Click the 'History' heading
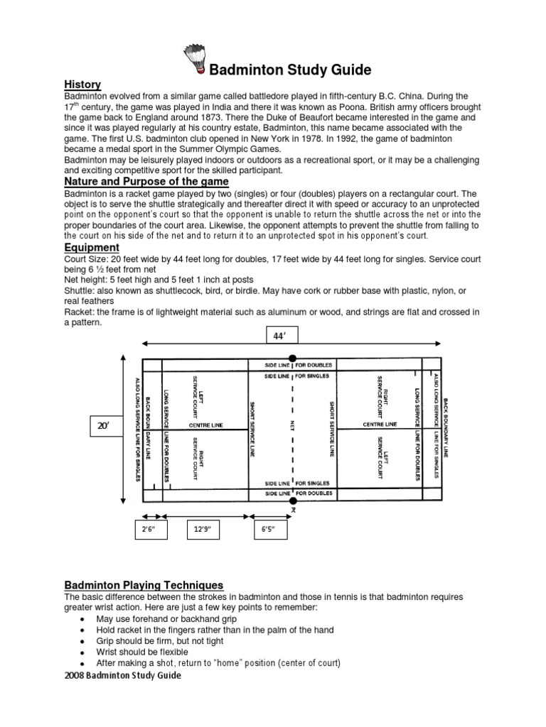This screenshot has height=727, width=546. coord(82,84)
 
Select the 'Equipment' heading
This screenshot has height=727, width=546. coord(92,247)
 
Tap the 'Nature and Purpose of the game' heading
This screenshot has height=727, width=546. coord(146,182)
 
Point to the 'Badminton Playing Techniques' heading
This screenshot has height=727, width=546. coord(144,585)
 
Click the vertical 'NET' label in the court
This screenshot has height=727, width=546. coord(291,425)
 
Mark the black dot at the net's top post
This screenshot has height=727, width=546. coord(291,359)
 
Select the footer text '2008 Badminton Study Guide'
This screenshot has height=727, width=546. coord(122,676)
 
